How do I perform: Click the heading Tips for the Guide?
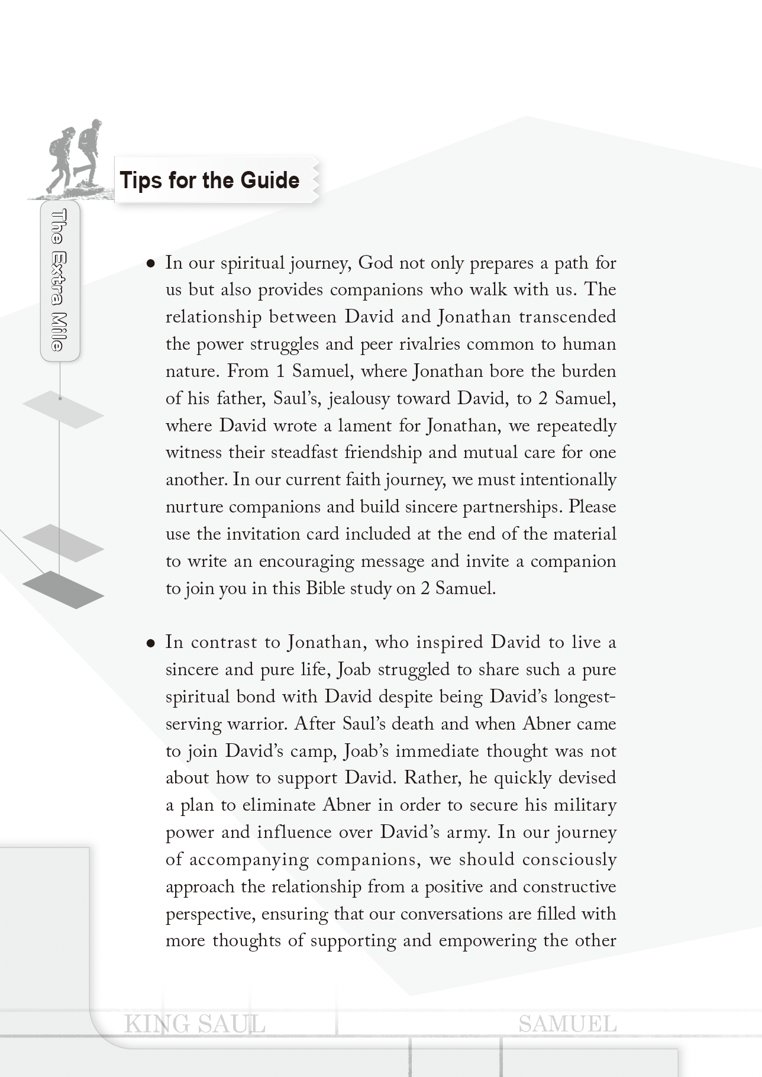pos(209,180)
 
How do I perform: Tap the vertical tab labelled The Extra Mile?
pos(59,280)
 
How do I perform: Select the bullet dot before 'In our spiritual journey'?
pos(151,263)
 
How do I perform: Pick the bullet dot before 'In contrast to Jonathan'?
pos(151,643)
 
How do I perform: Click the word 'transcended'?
pos(567,317)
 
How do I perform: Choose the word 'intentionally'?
pos(568,480)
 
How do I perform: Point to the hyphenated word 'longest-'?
pos(582,697)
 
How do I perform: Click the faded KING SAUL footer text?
pos(195,1024)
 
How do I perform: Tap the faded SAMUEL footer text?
pos(567,1024)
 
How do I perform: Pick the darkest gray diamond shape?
pos(63,589)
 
